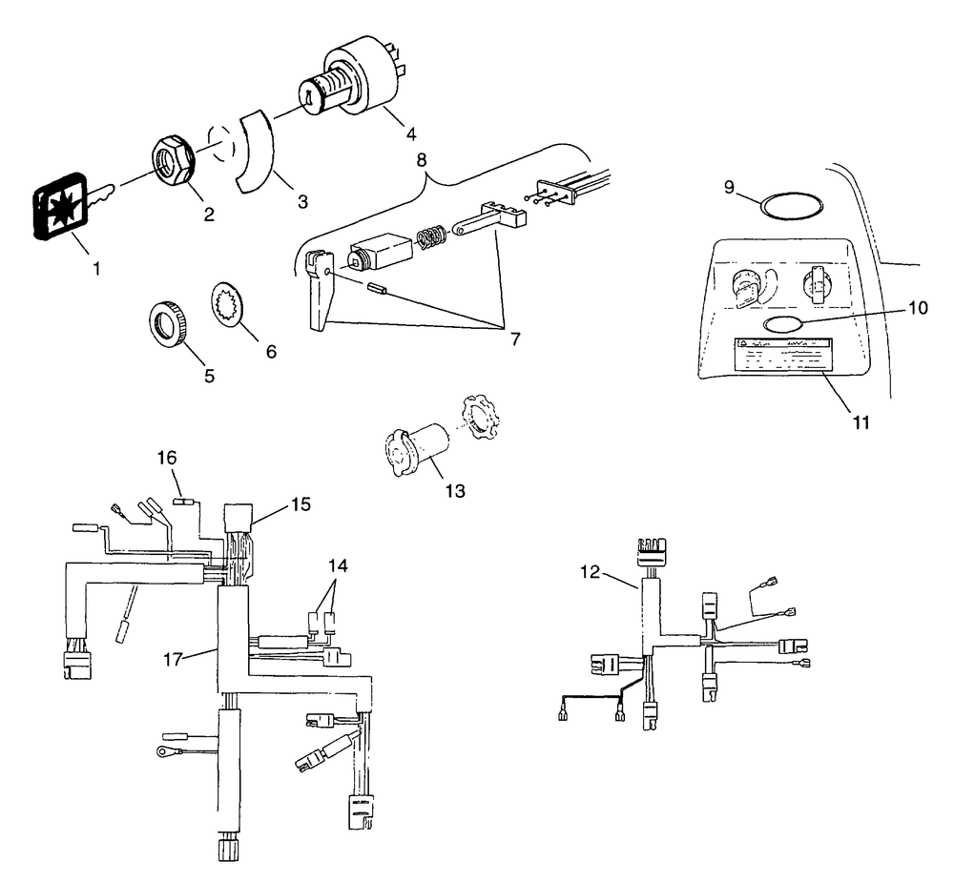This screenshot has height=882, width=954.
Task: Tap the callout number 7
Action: (515, 338)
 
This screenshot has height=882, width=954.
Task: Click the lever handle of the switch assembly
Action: (318, 293)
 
